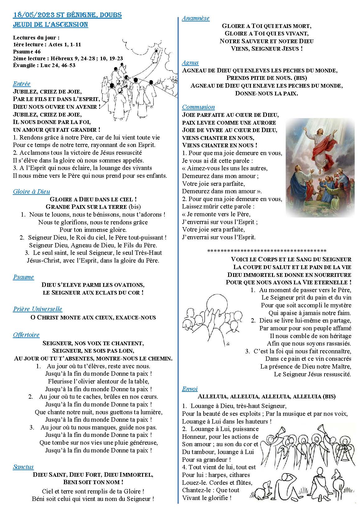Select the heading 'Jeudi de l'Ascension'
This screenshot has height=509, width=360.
tap(50, 24)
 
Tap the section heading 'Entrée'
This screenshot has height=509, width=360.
tap(22, 84)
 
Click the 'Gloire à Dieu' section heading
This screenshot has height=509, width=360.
tap(31, 191)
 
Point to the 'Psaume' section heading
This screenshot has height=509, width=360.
tap(23, 277)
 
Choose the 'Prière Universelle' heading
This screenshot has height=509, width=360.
tap(38, 309)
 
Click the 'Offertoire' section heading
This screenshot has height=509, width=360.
tap(26, 335)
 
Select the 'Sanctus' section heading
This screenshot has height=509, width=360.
tap(23, 467)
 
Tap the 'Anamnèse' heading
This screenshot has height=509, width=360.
tap(196, 18)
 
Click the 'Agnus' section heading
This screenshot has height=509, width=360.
tap(190, 62)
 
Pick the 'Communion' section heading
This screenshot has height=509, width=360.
tap(198, 107)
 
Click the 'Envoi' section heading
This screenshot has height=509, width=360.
tap(190, 389)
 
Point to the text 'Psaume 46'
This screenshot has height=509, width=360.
tap(27, 52)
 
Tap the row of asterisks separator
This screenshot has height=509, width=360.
tap(266, 250)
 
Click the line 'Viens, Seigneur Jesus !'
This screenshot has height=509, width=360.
tap(267, 48)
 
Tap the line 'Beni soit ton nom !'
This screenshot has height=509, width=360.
tap(93, 482)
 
